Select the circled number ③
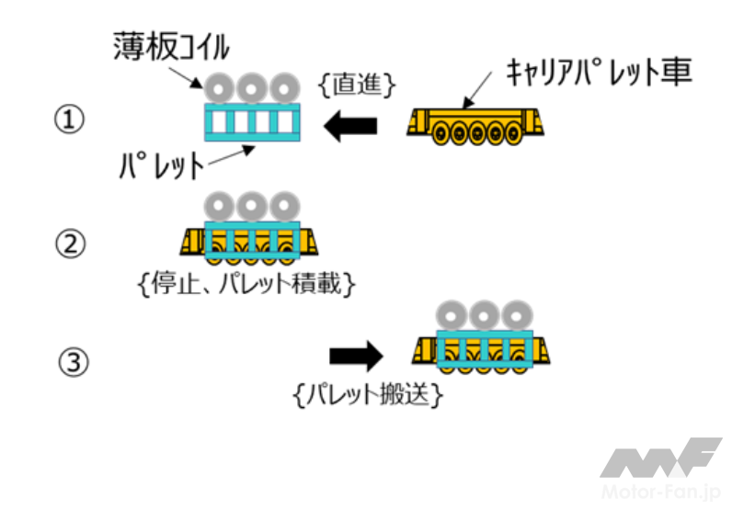[73, 363]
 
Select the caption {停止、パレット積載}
[244, 285]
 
